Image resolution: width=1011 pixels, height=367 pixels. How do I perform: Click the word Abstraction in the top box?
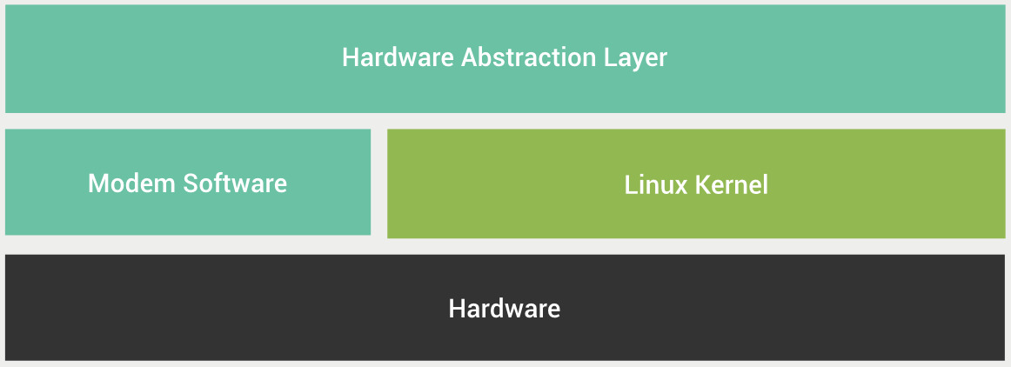pyautogui.click(x=529, y=57)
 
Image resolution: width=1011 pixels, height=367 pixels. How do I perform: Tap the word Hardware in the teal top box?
pyautogui.click(x=398, y=57)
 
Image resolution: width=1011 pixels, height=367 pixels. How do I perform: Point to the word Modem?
pyautogui.click(x=132, y=183)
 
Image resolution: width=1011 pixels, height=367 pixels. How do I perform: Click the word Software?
pyautogui.click(x=235, y=183)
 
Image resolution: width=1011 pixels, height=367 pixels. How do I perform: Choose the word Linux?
pyautogui.click(x=656, y=185)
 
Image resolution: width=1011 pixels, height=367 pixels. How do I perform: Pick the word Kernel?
pyautogui.click(x=731, y=185)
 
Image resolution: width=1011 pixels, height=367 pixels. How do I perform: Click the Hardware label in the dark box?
pyautogui.click(x=505, y=309)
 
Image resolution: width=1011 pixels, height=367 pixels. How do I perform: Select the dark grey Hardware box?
pyautogui.click(x=505, y=308)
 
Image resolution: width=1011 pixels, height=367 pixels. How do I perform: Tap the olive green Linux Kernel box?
pyautogui.click(x=696, y=183)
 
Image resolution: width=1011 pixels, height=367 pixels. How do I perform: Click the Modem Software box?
pyautogui.click(x=188, y=182)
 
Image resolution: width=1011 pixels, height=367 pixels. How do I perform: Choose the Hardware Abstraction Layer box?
pyautogui.click(x=505, y=58)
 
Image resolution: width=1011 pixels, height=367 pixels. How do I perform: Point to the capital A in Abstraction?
pyautogui.click(x=469, y=57)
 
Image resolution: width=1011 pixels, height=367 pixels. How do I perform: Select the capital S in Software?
pyautogui.click(x=191, y=183)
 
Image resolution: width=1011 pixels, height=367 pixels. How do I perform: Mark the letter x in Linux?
pyautogui.click(x=680, y=188)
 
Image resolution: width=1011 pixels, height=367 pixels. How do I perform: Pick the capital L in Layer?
pyautogui.click(x=611, y=57)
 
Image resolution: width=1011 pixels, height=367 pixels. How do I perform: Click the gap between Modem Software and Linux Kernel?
pyautogui.click(x=379, y=183)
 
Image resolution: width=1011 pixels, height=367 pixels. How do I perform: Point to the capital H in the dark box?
pyautogui.click(x=457, y=309)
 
